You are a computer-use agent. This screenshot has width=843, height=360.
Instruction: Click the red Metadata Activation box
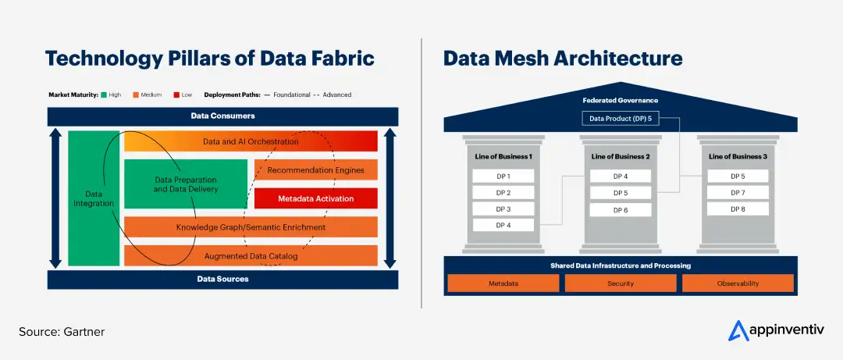pos(315,198)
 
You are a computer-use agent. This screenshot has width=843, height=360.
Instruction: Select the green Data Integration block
pos(94,198)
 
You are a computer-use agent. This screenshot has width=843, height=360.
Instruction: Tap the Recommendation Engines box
pos(315,169)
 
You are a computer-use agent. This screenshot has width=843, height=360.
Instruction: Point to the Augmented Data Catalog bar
pos(251,255)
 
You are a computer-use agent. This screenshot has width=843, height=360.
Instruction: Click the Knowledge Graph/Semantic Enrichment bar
pos(251,227)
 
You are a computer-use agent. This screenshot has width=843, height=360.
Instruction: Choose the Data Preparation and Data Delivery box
pos(186,184)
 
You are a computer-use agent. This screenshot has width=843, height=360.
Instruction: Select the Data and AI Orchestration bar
pos(251,141)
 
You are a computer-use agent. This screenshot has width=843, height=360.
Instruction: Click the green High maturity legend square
pos(103,94)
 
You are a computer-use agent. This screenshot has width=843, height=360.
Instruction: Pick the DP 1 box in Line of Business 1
pos(503,176)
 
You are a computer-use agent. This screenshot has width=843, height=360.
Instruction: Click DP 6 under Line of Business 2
pos(621,210)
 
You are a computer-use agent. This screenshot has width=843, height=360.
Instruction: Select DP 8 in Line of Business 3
pos(738,209)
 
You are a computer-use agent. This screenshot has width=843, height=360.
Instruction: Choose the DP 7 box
pos(738,193)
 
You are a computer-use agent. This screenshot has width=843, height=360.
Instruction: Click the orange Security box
pos(621,283)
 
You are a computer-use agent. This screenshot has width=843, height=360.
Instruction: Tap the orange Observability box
pos(738,283)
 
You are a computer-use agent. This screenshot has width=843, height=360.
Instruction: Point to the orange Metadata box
pos(503,283)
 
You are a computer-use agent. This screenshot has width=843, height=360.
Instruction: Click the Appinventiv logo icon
pos(738,331)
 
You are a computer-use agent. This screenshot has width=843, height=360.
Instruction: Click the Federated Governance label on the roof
pos(621,101)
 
